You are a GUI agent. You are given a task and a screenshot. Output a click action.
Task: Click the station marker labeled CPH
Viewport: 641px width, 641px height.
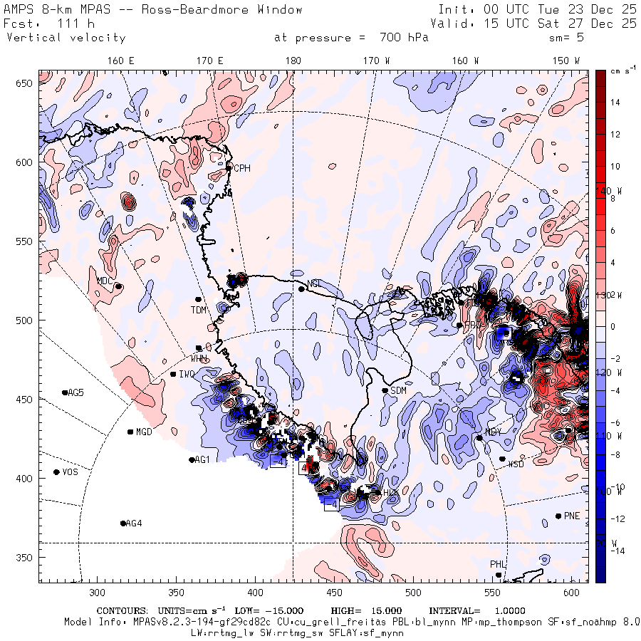point(229,168)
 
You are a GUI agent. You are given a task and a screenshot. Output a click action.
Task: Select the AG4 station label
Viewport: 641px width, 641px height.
point(134,523)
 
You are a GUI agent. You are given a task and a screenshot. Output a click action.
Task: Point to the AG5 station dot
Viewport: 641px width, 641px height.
point(65,392)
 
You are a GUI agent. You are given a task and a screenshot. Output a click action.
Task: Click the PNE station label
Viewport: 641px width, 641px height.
point(572,516)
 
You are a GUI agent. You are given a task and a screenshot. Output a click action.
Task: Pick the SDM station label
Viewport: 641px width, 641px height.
point(398,390)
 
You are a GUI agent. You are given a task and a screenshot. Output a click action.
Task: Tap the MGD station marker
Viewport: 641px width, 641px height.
point(130,432)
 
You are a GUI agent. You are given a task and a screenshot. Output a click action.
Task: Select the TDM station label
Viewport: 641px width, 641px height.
point(198,310)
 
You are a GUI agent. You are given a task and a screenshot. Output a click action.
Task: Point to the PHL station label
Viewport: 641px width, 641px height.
point(497,564)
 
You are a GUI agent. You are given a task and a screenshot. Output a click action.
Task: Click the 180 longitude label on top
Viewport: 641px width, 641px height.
point(293,61)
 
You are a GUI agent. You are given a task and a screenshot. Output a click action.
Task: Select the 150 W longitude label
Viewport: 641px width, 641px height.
point(566,61)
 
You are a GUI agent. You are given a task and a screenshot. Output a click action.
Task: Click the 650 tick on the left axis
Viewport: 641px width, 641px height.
point(26,84)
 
